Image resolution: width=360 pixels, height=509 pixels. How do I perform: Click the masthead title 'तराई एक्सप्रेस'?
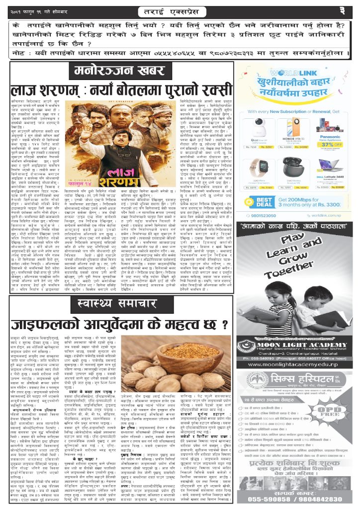(180, 10)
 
